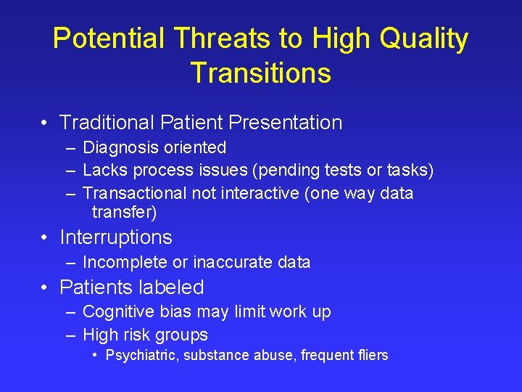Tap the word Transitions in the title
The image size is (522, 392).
point(260,73)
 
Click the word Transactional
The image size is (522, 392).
point(135,193)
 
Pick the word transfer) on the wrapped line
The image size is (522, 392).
point(124,213)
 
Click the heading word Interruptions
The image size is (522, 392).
point(116,237)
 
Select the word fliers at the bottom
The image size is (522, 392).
point(373,356)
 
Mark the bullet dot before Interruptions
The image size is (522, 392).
point(45,238)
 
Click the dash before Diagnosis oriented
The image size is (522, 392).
point(70,148)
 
